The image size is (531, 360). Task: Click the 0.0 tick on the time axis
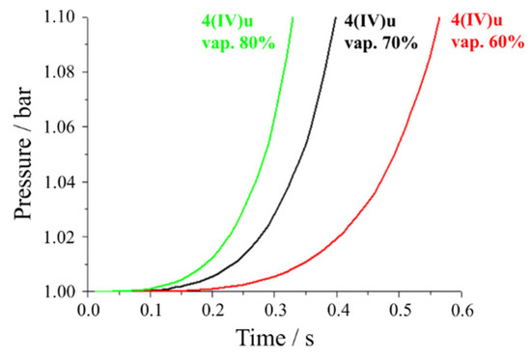point(89,310)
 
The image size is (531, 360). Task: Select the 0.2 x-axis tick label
point(213,310)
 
